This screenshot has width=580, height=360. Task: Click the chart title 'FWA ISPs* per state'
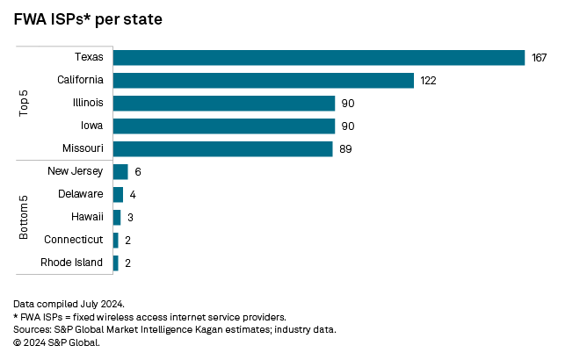(x=87, y=19)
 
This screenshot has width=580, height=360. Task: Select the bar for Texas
(x=318, y=57)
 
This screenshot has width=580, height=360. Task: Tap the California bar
(x=264, y=80)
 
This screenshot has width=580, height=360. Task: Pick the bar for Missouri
(x=223, y=148)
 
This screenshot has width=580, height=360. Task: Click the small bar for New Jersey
(x=120, y=171)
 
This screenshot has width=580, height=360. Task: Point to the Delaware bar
(x=118, y=194)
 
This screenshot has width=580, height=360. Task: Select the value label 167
(x=540, y=58)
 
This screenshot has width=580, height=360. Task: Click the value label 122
(x=429, y=81)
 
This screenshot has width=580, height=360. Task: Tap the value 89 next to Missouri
(x=345, y=149)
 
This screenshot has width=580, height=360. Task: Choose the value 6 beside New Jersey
(x=138, y=172)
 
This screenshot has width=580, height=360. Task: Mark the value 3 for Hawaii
(x=130, y=218)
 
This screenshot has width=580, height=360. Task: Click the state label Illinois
(x=88, y=103)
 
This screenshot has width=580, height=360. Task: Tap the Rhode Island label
(x=73, y=263)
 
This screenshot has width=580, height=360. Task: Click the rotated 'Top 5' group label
(x=25, y=103)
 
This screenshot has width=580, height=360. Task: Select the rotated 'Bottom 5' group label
(x=25, y=217)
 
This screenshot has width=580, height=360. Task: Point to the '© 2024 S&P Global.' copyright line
(x=57, y=342)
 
